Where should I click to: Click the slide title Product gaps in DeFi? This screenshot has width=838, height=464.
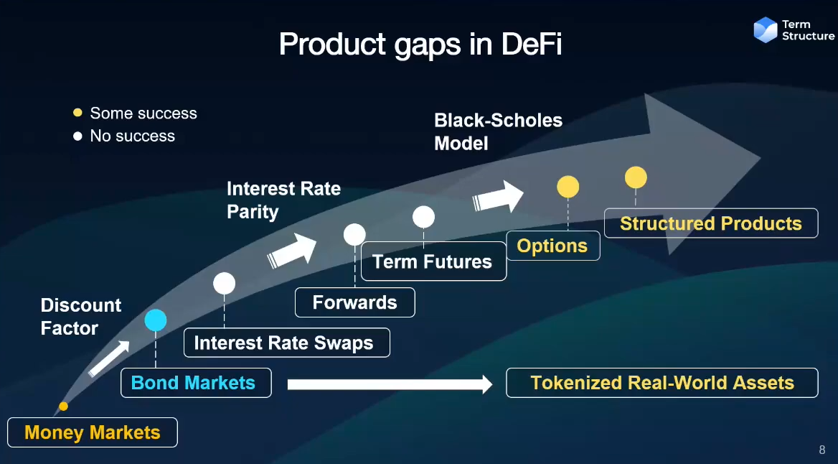tap(420, 44)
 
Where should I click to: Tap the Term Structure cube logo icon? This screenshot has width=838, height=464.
tap(766, 29)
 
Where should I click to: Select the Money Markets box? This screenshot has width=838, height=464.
tap(93, 432)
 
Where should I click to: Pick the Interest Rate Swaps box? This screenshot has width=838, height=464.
tap(286, 343)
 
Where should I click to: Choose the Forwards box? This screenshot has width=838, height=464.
tap(354, 302)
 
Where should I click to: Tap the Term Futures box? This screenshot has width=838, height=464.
tap(433, 261)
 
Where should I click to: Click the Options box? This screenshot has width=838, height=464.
tap(552, 246)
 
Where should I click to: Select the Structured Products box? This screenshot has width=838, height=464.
tap(710, 223)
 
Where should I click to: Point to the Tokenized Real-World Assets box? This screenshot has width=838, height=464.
tap(662, 383)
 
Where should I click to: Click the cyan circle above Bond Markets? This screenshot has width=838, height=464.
tap(156, 320)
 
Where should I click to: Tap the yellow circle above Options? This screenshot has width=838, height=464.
tap(568, 187)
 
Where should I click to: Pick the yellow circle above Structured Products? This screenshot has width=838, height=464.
tap(636, 177)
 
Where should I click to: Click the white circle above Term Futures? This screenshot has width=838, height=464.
tap(423, 217)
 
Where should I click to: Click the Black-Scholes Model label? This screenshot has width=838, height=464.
tap(498, 131)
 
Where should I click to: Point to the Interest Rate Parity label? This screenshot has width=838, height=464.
tap(283, 200)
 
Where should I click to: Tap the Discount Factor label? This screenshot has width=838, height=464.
tap(80, 317)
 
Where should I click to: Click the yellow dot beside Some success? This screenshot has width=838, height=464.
tap(77, 113)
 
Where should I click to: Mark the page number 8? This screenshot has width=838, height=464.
tap(822, 450)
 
